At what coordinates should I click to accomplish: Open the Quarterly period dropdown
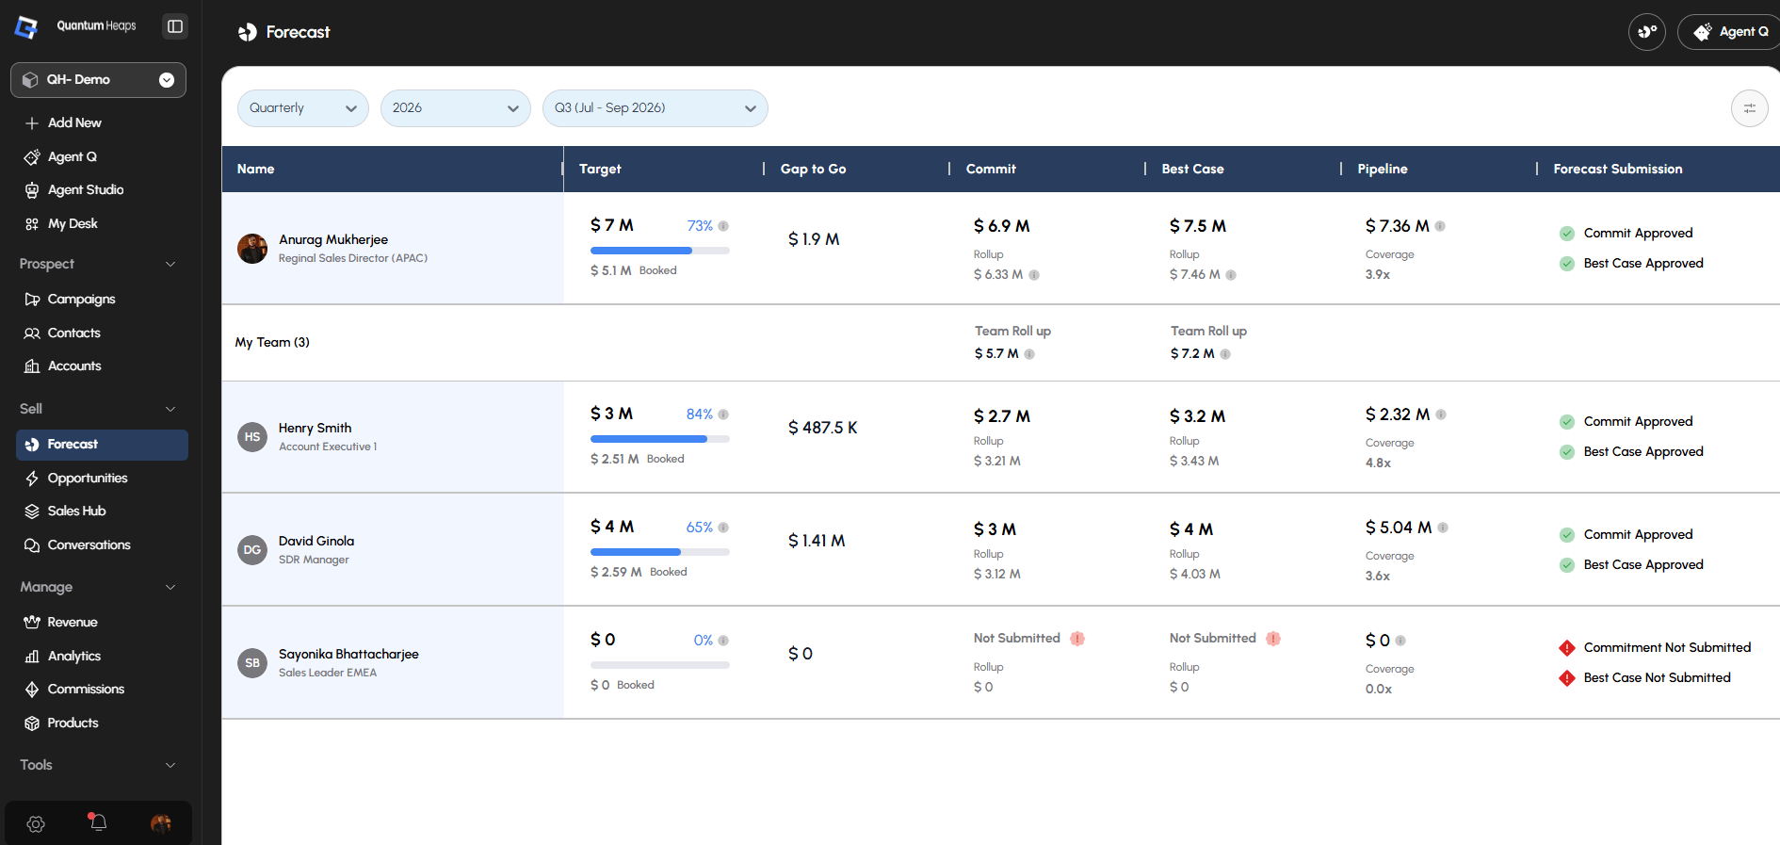pyautogui.click(x=302, y=108)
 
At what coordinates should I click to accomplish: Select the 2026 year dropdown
pyautogui.click(x=455, y=108)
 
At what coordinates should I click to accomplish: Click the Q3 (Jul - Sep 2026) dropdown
pyautogui.click(x=655, y=108)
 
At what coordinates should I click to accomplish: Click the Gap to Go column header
pyautogui.click(x=813, y=169)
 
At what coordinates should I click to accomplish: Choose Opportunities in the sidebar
pyautogui.click(x=88, y=478)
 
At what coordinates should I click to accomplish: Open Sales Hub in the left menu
pyautogui.click(x=76, y=511)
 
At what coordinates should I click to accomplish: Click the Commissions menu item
pyautogui.click(x=86, y=689)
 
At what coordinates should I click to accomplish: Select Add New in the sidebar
pyautogui.click(x=74, y=122)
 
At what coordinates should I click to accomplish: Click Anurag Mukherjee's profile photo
pyautogui.click(x=252, y=249)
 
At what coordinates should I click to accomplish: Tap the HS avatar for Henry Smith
pyautogui.click(x=252, y=437)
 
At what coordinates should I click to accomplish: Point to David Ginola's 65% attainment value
pyautogui.click(x=699, y=528)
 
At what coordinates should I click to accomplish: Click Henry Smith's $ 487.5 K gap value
pyautogui.click(x=822, y=428)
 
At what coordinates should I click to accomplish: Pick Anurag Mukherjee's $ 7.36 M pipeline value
pyautogui.click(x=1397, y=226)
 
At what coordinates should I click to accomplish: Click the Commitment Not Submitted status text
pyautogui.click(x=1667, y=647)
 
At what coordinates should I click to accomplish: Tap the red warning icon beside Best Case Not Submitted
pyautogui.click(x=1567, y=678)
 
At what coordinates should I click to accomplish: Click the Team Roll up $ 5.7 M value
pyautogui.click(x=996, y=353)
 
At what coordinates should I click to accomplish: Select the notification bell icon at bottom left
pyautogui.click(x=97, y=822)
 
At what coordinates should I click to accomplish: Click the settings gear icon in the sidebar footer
pyautogui.click(x=36, y=824)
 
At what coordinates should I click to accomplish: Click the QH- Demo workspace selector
pyautogui.click(x=98, y=80)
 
